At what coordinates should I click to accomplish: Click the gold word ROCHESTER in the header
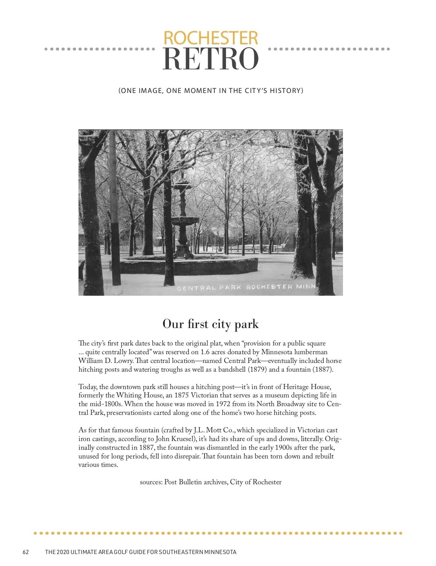211,38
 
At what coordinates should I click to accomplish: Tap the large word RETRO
210,59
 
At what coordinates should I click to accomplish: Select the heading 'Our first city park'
210,324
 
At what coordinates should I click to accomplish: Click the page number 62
25,552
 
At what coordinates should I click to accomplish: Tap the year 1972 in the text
223,404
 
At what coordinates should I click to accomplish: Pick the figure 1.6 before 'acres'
205,352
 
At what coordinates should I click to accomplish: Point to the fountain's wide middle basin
185,220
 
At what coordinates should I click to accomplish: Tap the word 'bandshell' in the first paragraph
233,369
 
